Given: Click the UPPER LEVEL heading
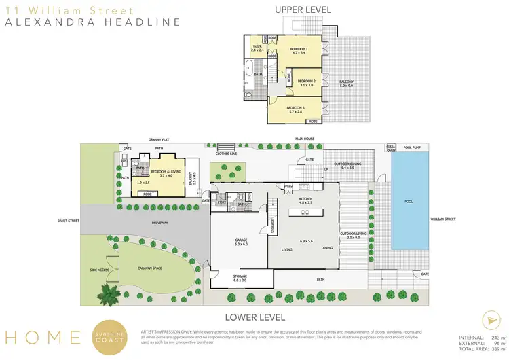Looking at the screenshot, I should tap(303, 10).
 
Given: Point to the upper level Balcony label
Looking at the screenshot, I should tap(346, 83).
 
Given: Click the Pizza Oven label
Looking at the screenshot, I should tap(391, 147).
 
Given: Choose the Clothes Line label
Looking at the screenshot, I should tap(227, 154).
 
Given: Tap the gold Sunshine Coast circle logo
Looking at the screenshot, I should tap(109, 336).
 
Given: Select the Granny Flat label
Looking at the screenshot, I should tap(158, 139).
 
